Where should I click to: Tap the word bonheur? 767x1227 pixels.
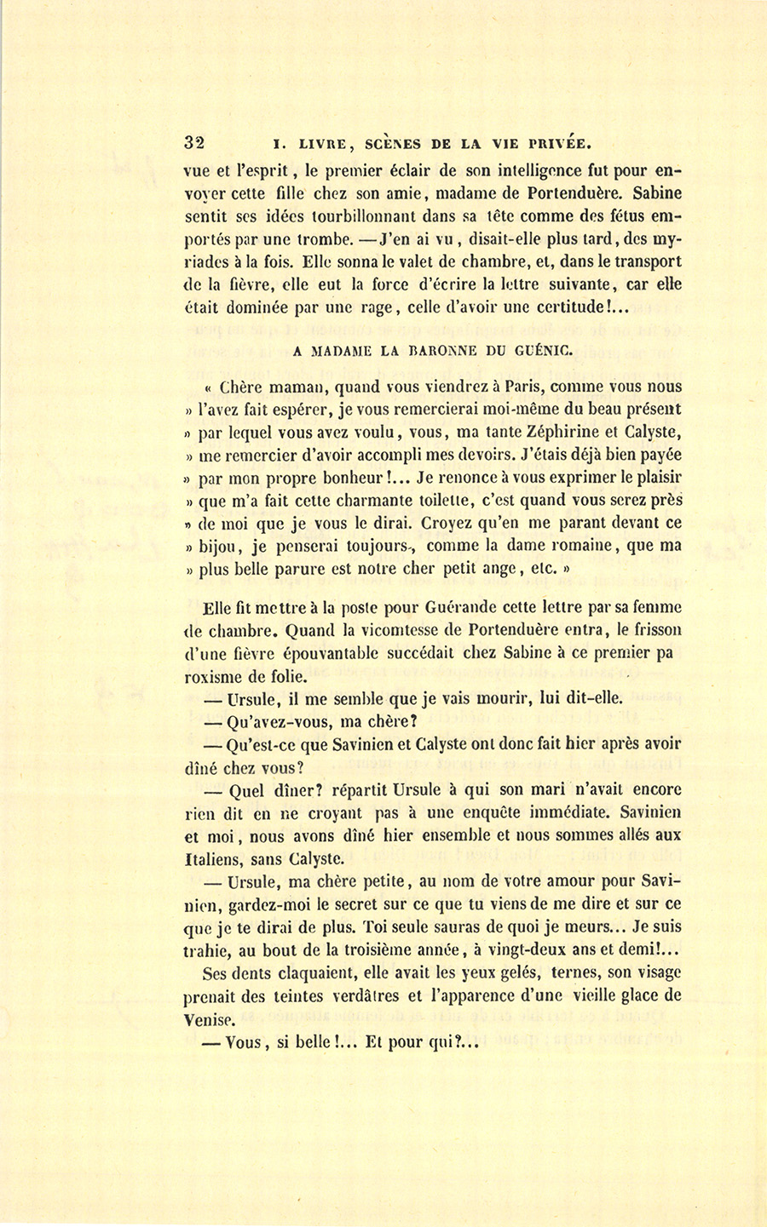point(327,478)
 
